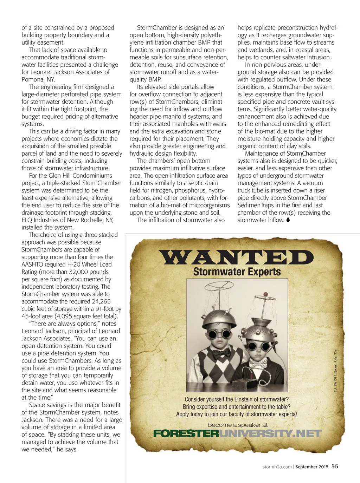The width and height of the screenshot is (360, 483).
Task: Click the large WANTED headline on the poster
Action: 237,257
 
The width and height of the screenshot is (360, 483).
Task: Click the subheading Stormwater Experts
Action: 237,272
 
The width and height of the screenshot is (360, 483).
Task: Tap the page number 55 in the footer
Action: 335,466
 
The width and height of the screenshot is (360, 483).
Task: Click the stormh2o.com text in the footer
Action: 277,467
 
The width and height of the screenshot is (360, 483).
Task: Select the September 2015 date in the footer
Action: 311,467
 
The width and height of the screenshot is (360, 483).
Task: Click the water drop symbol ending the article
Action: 288,220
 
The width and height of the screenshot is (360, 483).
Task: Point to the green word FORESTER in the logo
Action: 186,433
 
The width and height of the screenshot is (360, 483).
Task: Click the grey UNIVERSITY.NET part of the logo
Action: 270,433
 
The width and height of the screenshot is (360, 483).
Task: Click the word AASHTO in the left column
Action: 33,265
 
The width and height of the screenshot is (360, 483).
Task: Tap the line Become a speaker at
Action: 237,425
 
